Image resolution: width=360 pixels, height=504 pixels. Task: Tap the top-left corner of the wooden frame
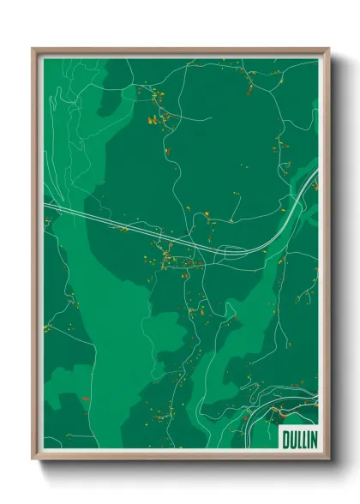click(x=33, y=49)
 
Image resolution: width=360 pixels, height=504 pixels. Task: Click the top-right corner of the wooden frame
click(x=328, y=49)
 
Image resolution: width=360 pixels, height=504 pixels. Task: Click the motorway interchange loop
click(x=231, y=251)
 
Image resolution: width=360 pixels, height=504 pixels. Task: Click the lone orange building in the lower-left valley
click(x=86, y=399)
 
